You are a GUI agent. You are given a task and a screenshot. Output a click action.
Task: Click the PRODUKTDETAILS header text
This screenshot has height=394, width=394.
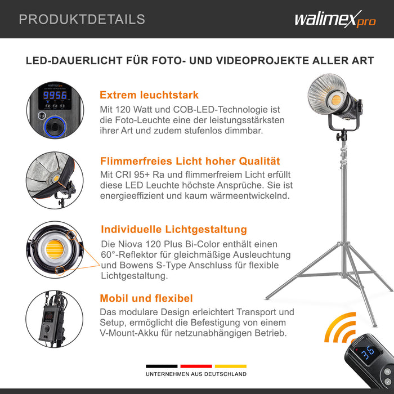82,19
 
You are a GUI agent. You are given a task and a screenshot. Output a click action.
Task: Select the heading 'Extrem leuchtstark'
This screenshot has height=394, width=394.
149,95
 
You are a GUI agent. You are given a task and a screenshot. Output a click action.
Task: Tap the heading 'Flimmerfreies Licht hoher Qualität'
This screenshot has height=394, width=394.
190,162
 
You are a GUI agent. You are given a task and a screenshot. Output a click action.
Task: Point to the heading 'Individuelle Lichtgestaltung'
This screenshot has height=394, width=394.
173,229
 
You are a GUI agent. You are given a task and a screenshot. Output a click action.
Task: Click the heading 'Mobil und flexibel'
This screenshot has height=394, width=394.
146,298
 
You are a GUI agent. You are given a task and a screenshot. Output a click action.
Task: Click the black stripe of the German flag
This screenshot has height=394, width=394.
163,366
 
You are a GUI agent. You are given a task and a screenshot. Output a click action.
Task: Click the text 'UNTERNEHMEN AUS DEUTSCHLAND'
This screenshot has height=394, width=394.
196,374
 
